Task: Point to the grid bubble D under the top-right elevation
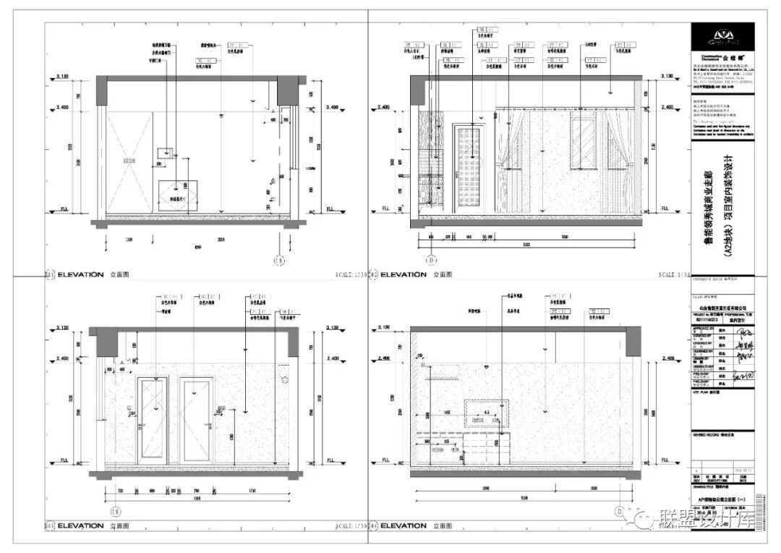point(432,261)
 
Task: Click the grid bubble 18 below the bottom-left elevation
point(134,511)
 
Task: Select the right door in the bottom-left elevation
point(196,420)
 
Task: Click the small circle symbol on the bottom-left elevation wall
point(284,379)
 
